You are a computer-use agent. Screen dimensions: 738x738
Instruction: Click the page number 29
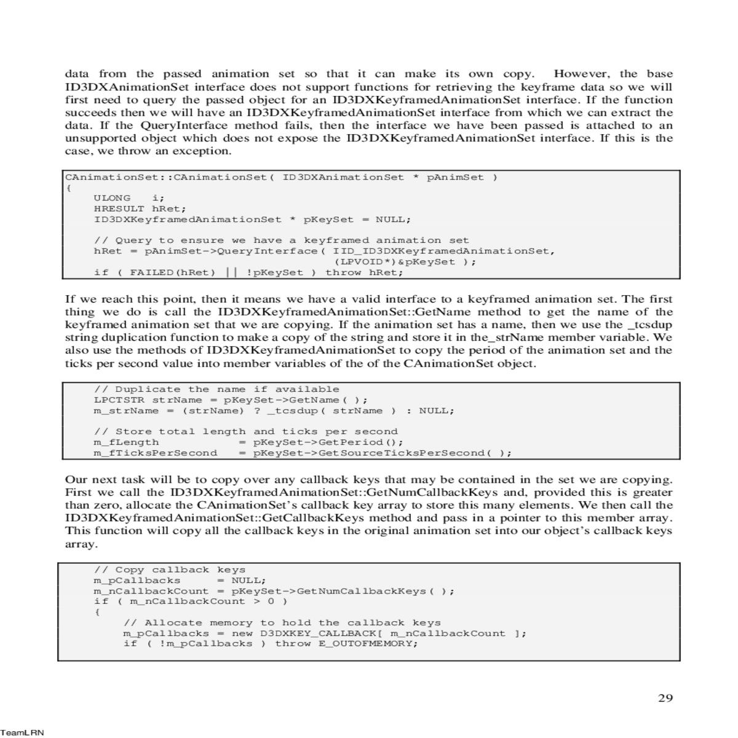pyautogui.click(x=665, y=698)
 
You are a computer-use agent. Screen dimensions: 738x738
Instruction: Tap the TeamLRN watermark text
pyautogui.click(x=22, y=732)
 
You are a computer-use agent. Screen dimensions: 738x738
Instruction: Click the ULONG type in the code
pyautogui.click(x=112, y=198)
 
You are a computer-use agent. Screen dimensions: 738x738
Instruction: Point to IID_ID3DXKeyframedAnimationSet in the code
pyautogui.click(x=443, y=251)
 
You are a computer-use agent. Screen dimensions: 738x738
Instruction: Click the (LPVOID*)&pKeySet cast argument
pyautogui.click(x=399, y=262)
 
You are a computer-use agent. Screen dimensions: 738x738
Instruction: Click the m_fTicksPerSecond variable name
pyautogui.click(x=155, y=453)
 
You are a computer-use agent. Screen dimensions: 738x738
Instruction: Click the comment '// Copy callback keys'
pyautogui.click(x=169, y=569)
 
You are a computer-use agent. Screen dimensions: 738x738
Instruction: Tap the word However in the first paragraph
pyautogui.click(x=581, y=74)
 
